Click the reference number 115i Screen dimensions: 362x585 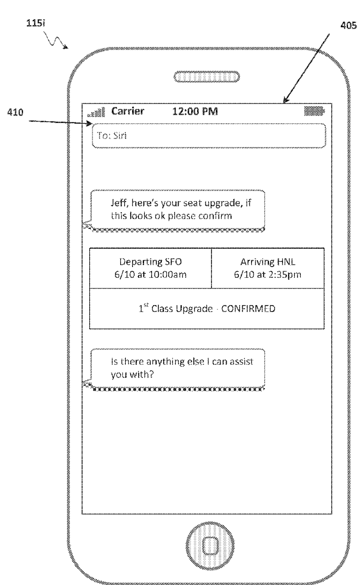coord(36,23)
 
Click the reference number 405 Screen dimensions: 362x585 coord(348,26)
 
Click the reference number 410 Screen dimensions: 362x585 coord(15,112)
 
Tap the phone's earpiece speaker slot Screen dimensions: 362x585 coord(206,77)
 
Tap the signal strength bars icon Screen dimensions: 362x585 coord(96,112)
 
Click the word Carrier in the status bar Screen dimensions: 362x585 coord(127,111)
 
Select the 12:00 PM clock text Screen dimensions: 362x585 coord(195,111)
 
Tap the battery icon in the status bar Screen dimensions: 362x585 coord(314,111)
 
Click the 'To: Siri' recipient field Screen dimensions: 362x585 coord(209,136)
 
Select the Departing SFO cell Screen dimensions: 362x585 coord(150,268)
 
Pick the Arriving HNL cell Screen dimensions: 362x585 coord(268,268)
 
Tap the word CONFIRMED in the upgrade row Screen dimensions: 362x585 coord(248,309)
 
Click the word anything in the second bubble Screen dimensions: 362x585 coord(165,362)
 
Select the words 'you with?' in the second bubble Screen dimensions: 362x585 coord(132,375)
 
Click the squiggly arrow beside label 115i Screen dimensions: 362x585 coord(56,40)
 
